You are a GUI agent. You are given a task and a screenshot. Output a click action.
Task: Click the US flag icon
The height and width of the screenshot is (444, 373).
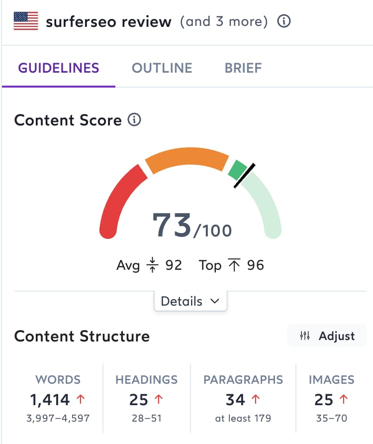pyautogui.click(x=26, y=21)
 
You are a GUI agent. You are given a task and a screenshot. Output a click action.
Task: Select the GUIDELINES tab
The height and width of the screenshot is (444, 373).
pyautogui.click(x=59, y=68)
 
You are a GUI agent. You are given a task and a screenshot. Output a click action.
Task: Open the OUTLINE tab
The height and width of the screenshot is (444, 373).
pyautogui.click(x=162, y=68)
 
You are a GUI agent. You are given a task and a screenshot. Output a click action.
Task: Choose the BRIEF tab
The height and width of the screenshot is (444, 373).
pyautogui.click(x=243, y=68)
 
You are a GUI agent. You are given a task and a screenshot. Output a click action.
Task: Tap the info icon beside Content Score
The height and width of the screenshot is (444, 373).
pyautogui.click(x=134, y=120)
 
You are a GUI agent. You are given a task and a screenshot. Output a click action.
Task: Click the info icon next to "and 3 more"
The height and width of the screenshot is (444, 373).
pyautogui.click(x=283, y=21)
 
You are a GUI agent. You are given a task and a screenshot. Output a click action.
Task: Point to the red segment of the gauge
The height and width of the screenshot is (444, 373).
pyautogui.click(x=119, y=199)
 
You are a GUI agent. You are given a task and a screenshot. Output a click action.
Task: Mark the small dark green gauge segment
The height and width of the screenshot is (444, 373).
pyautogui.click(x=237, y=170)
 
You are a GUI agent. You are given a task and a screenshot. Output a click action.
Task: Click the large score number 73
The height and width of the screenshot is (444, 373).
pyautogui.click(x=172, y=225)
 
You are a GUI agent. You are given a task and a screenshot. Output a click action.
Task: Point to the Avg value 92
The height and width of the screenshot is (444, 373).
pyautogui.click(x=174, y=265)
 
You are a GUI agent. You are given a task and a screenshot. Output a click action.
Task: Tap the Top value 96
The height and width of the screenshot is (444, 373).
pyautogui.click(x=255, y=265)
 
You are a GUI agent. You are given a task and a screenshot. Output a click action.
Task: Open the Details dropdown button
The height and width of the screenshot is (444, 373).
pyautogui.click(x=190, y=301)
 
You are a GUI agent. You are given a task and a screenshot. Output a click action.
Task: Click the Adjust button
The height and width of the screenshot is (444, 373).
pyautogui.click(x=327, y=336)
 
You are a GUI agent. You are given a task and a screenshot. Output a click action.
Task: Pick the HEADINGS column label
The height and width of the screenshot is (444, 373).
pyautogui.click(x=146, y=380)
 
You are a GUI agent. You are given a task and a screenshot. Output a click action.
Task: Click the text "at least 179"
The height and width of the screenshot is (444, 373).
pyautogui.click(x=243, y=419)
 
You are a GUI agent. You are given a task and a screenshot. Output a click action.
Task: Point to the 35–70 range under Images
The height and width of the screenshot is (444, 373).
pyautogui.click(x=332, y=419)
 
